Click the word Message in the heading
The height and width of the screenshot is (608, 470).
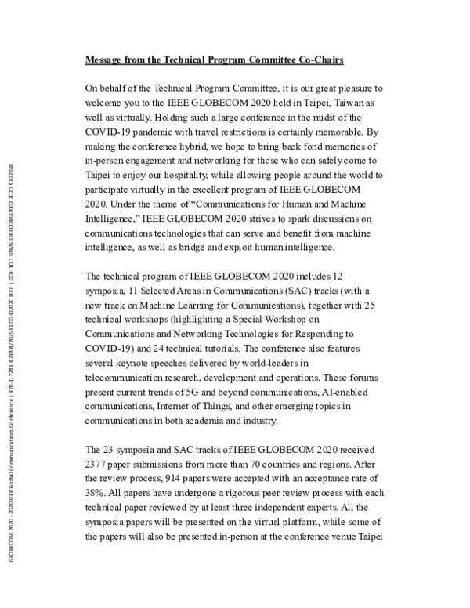107,60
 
